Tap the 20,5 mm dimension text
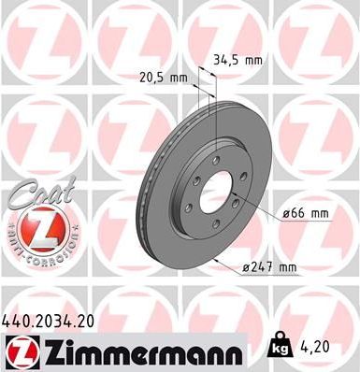click(x=164, y=79)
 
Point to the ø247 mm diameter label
click(x=268, y=268)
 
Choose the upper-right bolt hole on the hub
click(x=236, y=173)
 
